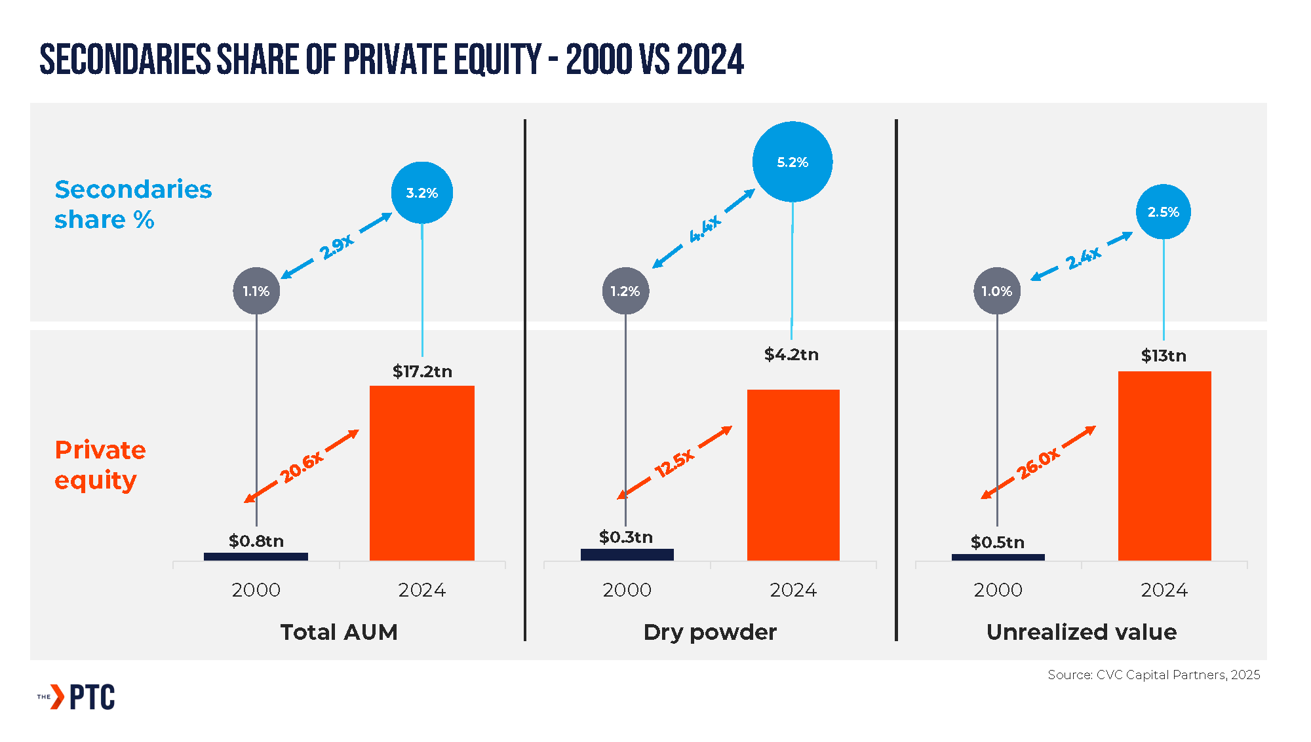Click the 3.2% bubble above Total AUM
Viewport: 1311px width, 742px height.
[422, 193]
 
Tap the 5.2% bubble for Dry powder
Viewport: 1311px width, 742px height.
[792, 162]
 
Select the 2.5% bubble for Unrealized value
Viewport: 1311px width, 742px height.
[1164, 212]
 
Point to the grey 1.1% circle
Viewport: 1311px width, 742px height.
[256, 291]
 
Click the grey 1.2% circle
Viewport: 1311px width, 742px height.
[625, 291]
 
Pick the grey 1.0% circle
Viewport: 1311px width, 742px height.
[997, 291]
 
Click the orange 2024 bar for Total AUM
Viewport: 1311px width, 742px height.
[422, 473]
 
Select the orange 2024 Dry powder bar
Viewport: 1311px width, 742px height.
[793, 475]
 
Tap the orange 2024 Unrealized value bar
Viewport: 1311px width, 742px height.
[1164, 466]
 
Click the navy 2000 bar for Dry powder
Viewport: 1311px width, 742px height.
[627, 555]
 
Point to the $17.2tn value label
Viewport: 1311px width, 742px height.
[422, 371]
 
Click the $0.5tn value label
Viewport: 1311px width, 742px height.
[998, 542]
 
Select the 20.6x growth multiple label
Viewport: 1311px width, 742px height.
[302, 467]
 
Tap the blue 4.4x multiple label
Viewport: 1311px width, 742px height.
[705, 229]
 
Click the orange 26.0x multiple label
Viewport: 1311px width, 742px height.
[1038, 464]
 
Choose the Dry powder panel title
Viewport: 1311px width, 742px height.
[710, 632]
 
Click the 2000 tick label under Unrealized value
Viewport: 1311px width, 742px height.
[998, 590]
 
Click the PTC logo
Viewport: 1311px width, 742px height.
[77, 697]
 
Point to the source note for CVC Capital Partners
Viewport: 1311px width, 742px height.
[1154, 675]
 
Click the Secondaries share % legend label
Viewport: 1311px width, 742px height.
[133, 204]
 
